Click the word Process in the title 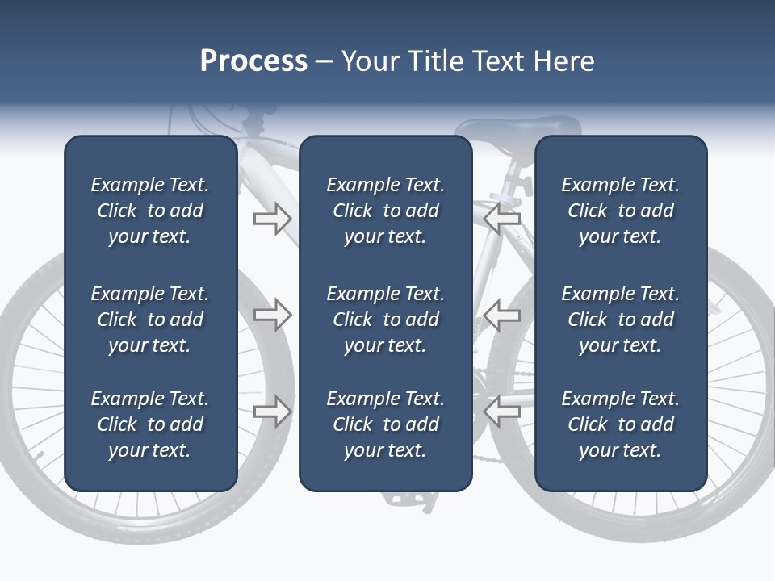[x=253, y=61]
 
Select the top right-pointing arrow [x=272, y=218]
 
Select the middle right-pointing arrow [x=272, y=315]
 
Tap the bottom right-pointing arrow [x=272, y=412]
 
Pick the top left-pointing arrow [x=501, y=218]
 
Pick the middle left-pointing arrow [x=501, y=315]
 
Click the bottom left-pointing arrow [x=501, y=412]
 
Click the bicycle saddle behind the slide [x=517, y=129]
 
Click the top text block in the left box [x=150, y=211]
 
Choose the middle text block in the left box [x=150, y=320]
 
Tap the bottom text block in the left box [x=150, y=424]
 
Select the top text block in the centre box [x=385, y=211]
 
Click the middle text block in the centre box [x=385, y=320]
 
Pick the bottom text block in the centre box [x=385, y=424]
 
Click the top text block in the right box [x=620, y=211]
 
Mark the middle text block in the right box [x=620, y=320]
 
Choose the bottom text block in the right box [x=620, y=424]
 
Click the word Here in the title [x=563, y=61]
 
